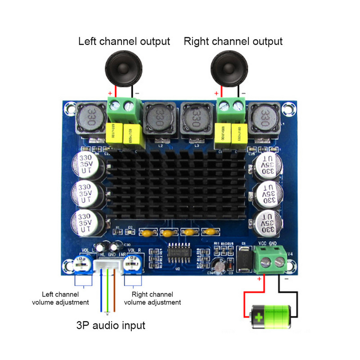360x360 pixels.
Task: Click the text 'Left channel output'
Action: tap(124, 41)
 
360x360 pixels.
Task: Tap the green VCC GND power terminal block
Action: tap(270, 260)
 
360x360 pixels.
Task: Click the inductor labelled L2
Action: tap(158, 119)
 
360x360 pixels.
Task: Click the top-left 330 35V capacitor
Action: tap(86, 165)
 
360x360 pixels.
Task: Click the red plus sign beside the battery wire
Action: tap(259, 279)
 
